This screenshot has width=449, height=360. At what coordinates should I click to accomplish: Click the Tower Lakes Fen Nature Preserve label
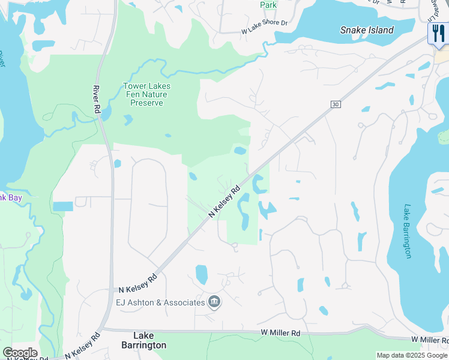click(x=146, y=94)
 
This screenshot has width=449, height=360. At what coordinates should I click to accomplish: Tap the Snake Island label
click(x=367, y=30)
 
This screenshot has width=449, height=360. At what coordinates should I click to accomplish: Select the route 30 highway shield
click(x=335, y=104)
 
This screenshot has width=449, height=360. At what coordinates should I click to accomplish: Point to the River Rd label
click(x=96, y=100)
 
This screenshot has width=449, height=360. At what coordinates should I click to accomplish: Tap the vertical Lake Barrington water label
click(x=408, y=231)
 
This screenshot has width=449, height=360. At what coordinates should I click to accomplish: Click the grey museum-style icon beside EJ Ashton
click(x=214, y=302)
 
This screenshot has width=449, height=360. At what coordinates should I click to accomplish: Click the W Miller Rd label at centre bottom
click(x=280, y=332)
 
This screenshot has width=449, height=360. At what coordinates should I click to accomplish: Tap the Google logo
click(x=20, y=353)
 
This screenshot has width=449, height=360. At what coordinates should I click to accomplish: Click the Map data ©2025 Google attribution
click(x=412, y=355)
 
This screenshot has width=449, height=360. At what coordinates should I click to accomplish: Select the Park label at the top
click(x=268, y=5)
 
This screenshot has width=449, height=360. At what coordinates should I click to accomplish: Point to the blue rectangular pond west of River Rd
click(x=62, y=206)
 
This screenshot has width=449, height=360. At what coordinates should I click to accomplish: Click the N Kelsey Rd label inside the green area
click(x=224, y=202)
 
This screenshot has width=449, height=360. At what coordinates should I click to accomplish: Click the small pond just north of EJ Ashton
click(x=201, y=274)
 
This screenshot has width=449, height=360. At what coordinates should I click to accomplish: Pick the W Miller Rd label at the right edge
click(x=430, y=340)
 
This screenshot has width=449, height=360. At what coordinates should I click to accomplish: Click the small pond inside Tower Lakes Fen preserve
click(x=127, y=119)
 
